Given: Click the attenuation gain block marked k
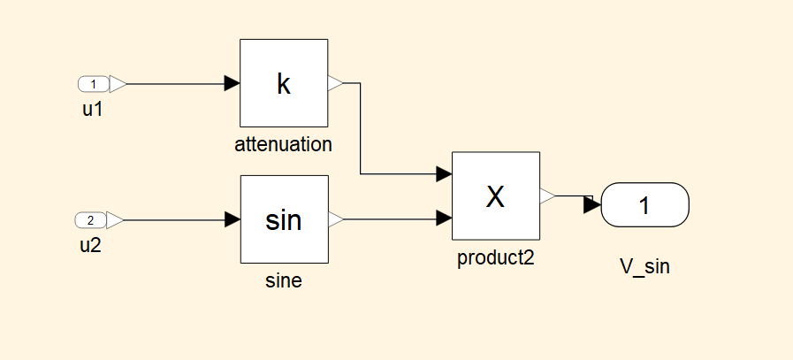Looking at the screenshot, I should coord(284,83).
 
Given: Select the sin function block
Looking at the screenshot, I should coord(284,219).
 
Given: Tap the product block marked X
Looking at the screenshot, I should coord(496,195).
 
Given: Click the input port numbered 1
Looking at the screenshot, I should coord(95,84).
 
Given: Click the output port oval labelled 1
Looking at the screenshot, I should coord(644,205).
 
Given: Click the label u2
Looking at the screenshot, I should coord(90,245).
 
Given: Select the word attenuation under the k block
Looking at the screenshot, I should coord(283,144).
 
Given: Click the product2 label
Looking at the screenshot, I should coord(496,258).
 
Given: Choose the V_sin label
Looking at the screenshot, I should coord(644,266).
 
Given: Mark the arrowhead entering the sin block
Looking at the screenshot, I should coord(233,219).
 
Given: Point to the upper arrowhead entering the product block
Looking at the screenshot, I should coord(445,173).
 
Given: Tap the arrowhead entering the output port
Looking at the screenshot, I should coord(591,205).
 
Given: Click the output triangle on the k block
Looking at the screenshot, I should coord(335,83).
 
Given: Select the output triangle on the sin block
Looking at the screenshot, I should coord(335,219).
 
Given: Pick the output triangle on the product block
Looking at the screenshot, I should coord(547,195).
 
